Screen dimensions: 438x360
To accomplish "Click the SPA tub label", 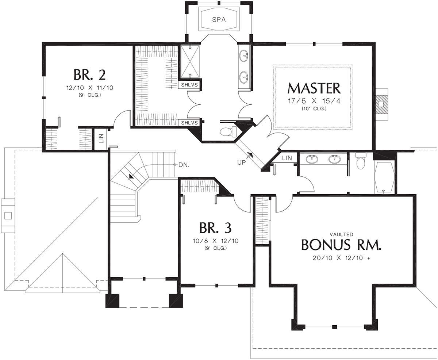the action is pyautogui.click(x=219, y=20).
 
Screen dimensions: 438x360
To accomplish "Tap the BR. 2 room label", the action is pyautogui.click(x=89, y=75).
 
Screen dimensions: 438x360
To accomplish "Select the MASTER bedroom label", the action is pyautogui.click(x=314, y=88).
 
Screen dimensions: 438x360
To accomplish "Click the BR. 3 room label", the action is pyautogui.click(x=215, y=228).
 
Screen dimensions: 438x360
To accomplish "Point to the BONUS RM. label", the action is pyautogui.click(x=341, y=245).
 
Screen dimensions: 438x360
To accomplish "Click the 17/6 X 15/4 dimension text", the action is pyautogui.click(x=314, y=101).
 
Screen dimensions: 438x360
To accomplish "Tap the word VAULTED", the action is pyautogui.click(x=341, y=234).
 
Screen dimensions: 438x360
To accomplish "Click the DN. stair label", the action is pyautogui.click(x=184, y=165).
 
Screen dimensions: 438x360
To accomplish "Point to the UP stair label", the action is pyautogui.click(x=241, y=162).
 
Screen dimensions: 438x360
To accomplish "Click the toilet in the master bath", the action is pyautogui.click(x=228, y=131).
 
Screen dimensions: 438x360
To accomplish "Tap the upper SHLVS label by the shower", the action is pyautogui.click(x=189, y=85).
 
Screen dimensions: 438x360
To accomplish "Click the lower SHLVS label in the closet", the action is pyautogui.click(x=189, y=123).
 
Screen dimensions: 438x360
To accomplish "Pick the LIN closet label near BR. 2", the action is pyautogui.click(x=101, y=139).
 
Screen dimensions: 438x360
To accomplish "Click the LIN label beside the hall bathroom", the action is pyautogui.click(x=287, y=158).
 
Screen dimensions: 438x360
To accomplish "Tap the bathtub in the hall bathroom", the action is pyautogui.click(x=384, y=177).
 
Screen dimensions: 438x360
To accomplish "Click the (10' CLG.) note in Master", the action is pyautogui.click(x=314, y=108).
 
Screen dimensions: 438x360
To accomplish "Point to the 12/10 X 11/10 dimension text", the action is pyautogui.click(x=90, y=88).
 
